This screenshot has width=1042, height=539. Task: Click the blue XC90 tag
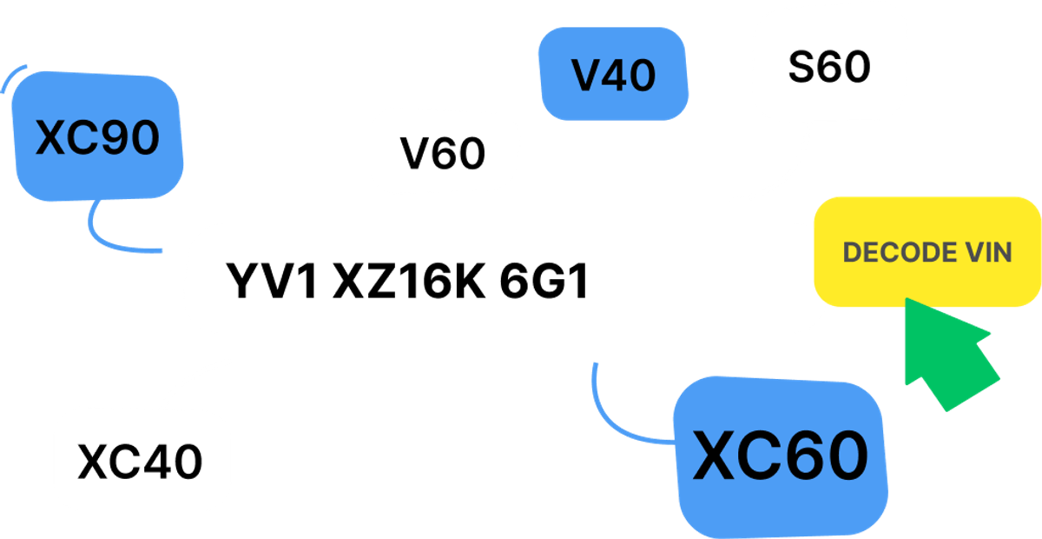[x=97, y=137]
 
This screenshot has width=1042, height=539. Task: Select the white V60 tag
[x=443, y=154]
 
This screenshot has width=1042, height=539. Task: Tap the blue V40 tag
[x=613, y=76]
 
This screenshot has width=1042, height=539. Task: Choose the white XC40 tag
[x=141, y=461]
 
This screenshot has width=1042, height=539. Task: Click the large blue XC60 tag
[x=779, y=456]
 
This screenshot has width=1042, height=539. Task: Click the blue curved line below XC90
[x=113, y=239]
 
